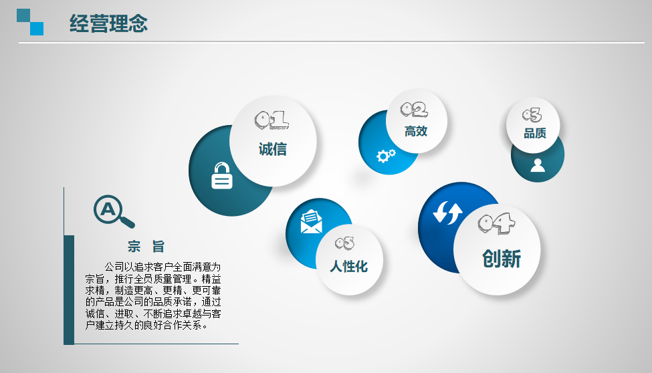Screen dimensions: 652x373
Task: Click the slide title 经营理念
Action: click(x=108, y=23)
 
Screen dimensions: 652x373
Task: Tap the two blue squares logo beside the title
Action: click(x=30, y=22)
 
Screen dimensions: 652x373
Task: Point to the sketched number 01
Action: click(x=271, y=120)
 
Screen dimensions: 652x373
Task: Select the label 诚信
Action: click(x=273, y=149)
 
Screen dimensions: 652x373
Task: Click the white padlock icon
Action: click(x=222, y=176)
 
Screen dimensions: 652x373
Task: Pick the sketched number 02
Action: click(x=414, y=110)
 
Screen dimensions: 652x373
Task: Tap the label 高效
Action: click(x=416, y=132)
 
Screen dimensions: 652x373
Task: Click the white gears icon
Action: click(x=386, y=156)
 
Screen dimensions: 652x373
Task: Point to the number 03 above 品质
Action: click(x=532, y=115)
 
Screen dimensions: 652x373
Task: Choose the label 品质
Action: click(x=535, y=134)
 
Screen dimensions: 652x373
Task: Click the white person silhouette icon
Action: click(x=538, y=165)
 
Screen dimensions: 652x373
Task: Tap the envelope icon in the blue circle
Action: click(x=312, y=221)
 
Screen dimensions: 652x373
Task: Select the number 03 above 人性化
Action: click(x=344, y=243)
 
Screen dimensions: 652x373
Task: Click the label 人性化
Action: click(x=349, y=266)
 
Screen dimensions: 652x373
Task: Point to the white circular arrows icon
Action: click(x=447, y=213)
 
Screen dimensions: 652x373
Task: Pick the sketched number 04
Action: click(x=496, y=223)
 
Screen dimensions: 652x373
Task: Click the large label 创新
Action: click(x=502, y=259)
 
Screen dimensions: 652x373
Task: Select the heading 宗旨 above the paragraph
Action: click(x=146, y=247)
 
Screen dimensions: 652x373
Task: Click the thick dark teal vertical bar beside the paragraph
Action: click(x=69, y=290)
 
